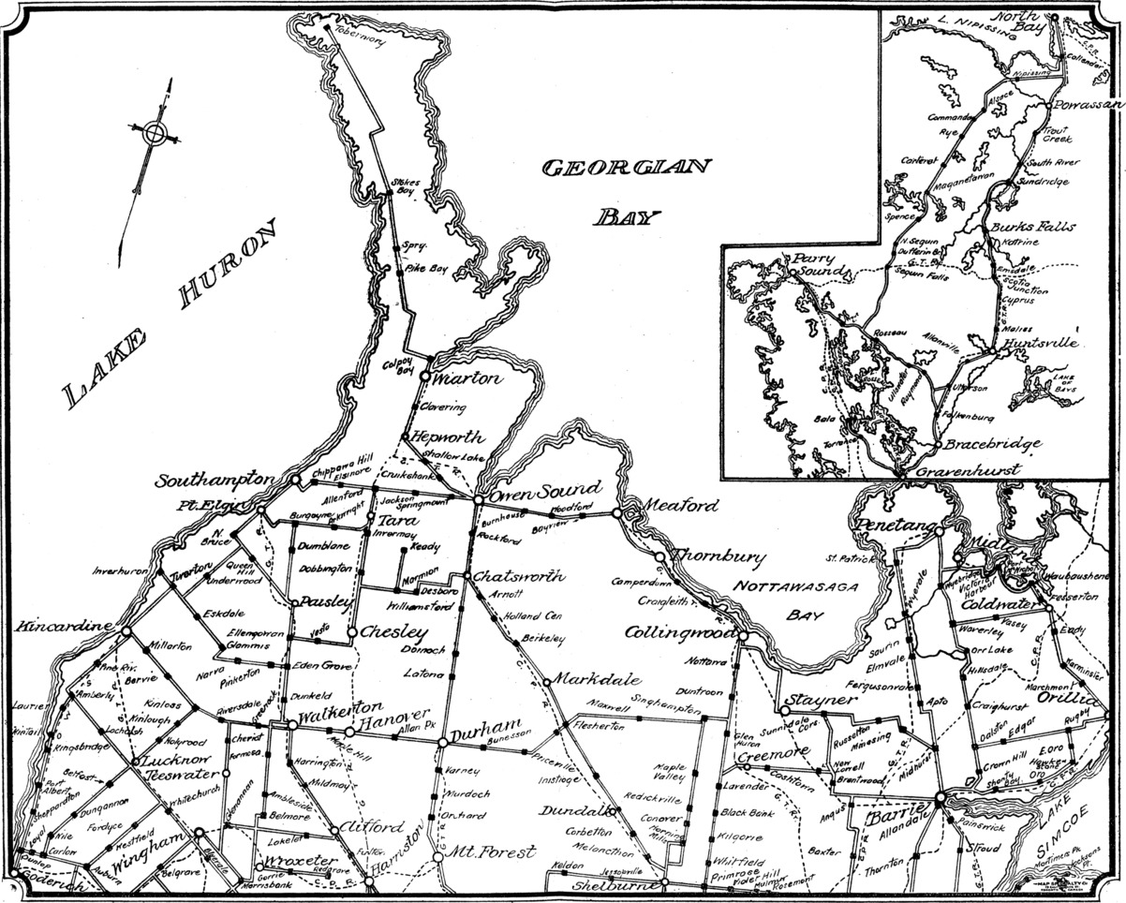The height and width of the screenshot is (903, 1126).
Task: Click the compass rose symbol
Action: (154, 133)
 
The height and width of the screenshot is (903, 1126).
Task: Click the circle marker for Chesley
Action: (351, 633)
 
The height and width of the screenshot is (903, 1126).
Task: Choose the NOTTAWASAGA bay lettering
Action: (782, 587)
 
